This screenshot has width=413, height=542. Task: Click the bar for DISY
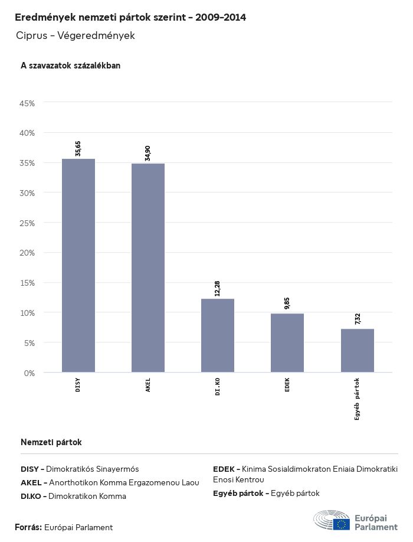point(78,266)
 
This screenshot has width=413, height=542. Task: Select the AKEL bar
point(148,268)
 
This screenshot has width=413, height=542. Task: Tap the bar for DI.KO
point(218,335)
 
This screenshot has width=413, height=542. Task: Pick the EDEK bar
point(287,343)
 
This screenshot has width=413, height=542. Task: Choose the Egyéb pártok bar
point(357,351)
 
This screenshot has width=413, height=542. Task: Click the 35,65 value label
point(78,149)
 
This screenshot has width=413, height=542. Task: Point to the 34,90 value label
point(148,153)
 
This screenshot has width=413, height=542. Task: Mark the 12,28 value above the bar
point(218,289)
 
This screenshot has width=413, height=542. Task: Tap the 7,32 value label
point(358,319)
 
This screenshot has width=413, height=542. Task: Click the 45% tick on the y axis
point(28,103)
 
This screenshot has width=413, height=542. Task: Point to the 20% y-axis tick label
point(28,253)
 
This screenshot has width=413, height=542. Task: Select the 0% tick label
point(29,373)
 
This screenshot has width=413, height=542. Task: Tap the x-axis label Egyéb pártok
point(357,399)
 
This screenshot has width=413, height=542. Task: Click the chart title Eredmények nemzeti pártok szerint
point(130,18)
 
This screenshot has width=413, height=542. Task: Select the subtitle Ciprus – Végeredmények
point(76,35)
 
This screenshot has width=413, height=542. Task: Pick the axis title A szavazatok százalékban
point(70,66)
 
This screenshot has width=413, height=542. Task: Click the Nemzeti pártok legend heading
point(51,442)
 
